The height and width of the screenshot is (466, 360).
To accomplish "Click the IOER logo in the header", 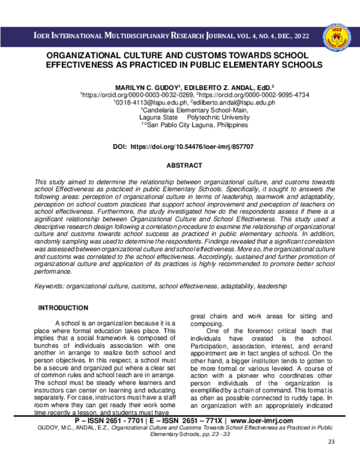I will (x=335, y=36).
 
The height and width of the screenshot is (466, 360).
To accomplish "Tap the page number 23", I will (x=332, y=459).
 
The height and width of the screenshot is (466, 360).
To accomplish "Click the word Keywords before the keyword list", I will (x=49, y=287).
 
